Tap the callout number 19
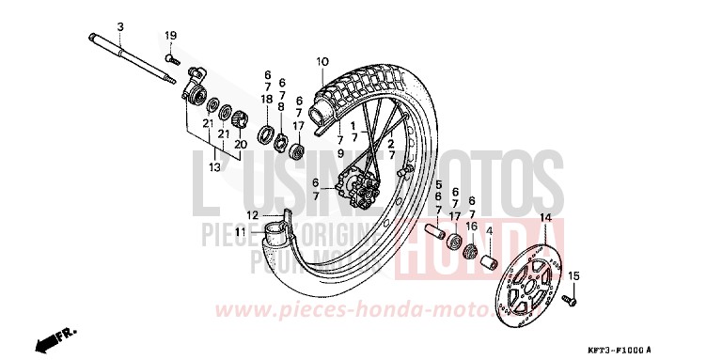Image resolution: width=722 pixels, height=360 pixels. tap(171, 36)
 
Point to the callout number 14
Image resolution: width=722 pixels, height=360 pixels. tap(543, 218)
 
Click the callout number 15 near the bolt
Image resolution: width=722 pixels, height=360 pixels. tap(575, 275)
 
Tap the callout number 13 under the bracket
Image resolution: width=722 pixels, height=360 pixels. tap(215, 167)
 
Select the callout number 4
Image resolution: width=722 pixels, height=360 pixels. tap(489, 231)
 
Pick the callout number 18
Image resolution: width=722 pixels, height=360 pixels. tap(266, 98)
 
